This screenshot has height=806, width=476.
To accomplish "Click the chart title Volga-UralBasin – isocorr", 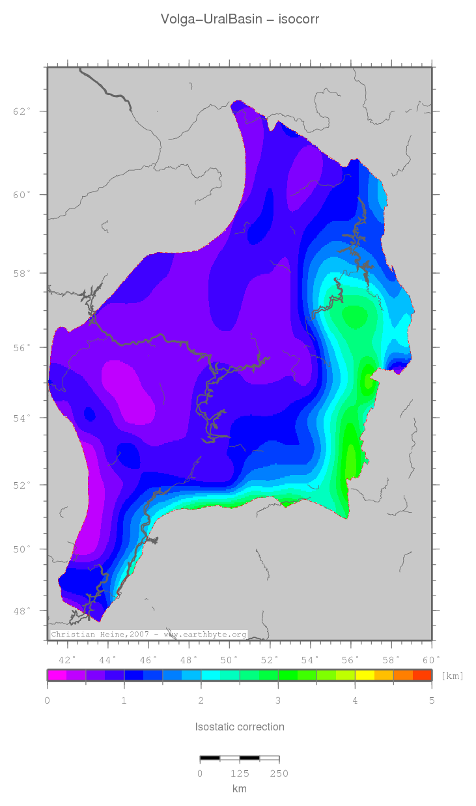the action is (x=240, y=20).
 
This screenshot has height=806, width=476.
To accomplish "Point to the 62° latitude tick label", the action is (x=22, y=111).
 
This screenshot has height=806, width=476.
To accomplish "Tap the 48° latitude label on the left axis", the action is (x=22, y=611).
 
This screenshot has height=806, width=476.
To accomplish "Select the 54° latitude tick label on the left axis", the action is (x=22, y=418).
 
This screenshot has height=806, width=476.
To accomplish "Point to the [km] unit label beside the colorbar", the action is (x=453, y=676).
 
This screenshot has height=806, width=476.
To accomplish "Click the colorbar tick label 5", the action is (x=431, y=700).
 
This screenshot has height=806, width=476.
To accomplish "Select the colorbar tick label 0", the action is (x=47, y=700).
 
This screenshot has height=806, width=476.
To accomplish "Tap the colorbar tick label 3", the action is (x=278, y=700).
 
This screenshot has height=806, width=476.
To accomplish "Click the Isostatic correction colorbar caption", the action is (x=240, y=727).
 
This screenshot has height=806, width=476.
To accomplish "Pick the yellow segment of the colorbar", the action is (x=364, y=675).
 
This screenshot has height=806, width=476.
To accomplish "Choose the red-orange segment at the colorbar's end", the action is (x=422, y=675).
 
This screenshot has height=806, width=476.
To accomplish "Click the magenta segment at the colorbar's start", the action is (x=57, y=675).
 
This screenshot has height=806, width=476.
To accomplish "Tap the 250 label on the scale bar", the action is (x=279, y=773).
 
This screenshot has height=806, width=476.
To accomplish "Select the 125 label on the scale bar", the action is (x=240, y=773).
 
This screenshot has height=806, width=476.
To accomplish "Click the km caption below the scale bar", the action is (x=240, y=788).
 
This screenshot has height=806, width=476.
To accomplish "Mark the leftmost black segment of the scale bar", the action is (x=210, y=758).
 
